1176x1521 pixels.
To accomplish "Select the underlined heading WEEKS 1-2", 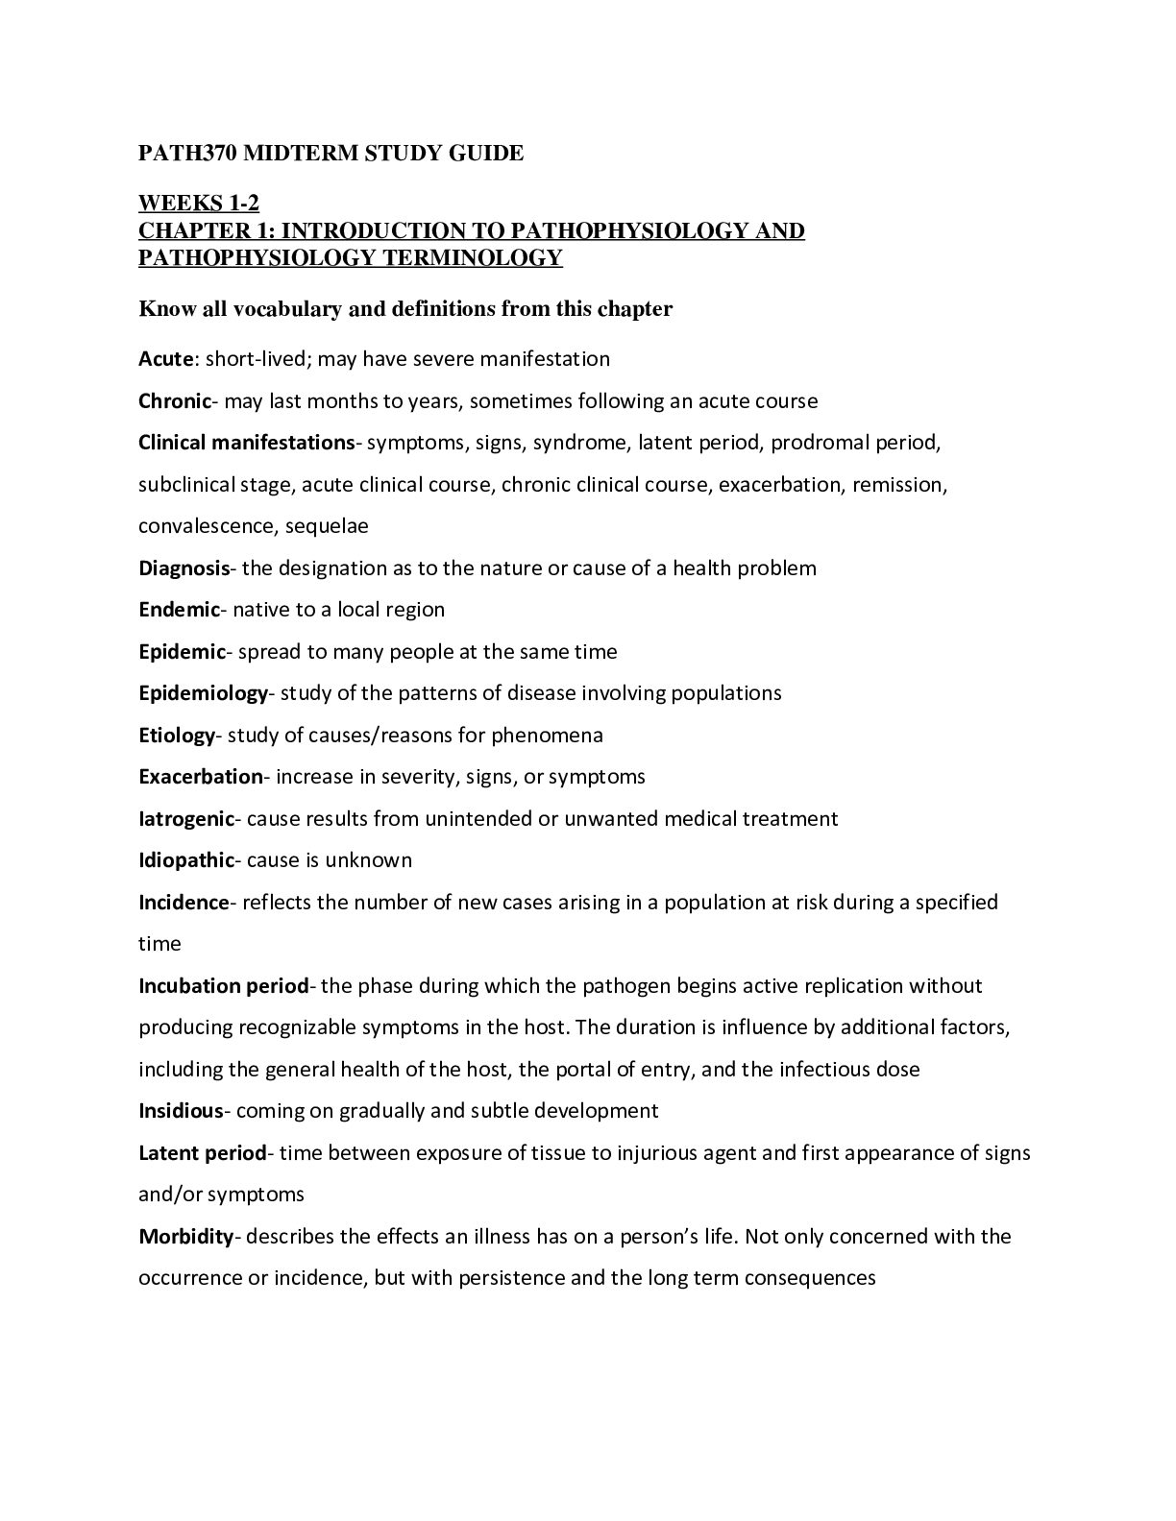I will tap(199, 204).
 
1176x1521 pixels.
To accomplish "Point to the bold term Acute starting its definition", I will tap(166, 359).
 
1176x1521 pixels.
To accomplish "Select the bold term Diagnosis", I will tap(184, 568).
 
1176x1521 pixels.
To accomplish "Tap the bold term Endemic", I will tap(180, 610).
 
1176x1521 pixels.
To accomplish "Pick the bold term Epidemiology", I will tap(203, 693).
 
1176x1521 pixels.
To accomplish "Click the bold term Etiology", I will tap(177, 736).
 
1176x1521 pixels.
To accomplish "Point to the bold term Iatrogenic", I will tap(186, 819).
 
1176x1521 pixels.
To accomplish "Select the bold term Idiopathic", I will tap(186, 860).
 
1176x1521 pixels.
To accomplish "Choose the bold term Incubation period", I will tap(224, 986).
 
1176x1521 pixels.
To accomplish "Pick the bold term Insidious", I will tap(181, 1111).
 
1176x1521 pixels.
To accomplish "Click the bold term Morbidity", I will tap(186, 1237).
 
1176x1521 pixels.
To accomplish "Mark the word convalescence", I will tap(197, 526).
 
